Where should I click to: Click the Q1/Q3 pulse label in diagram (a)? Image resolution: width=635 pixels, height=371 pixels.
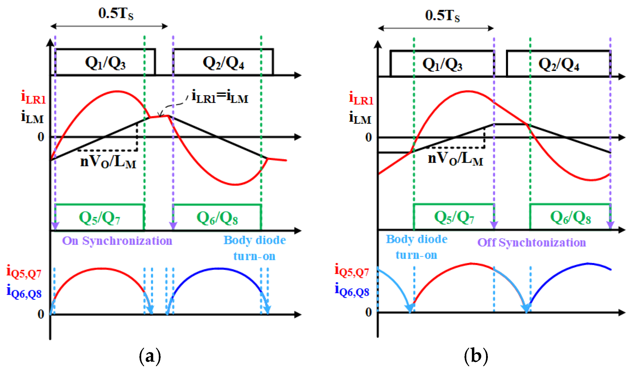pos(105,63)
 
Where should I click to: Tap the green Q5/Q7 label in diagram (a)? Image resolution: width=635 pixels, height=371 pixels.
pos(100,218)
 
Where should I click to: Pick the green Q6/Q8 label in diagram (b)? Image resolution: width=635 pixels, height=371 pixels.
pos(571,217)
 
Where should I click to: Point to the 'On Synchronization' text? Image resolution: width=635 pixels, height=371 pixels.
pos(117,241)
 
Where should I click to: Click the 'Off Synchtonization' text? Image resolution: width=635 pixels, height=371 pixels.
pos(531,242)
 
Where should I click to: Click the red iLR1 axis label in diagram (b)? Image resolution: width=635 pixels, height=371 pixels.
pos(361,98)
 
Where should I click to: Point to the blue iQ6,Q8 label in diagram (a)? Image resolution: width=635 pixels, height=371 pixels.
pos(24,292)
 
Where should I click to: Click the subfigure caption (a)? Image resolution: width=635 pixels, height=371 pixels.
pos(150,356)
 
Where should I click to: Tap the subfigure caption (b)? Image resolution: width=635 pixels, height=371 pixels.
pos(476,356)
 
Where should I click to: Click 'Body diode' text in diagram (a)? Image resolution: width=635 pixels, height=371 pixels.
pos(255,240)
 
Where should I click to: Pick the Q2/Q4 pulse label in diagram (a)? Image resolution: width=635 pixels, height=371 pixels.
pos(223,63)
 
